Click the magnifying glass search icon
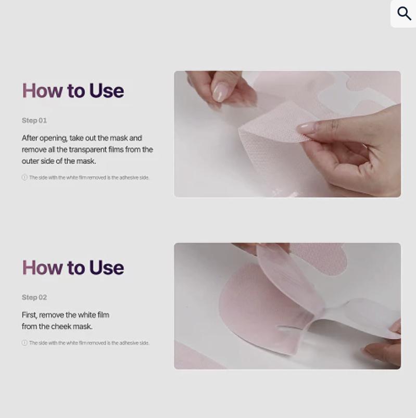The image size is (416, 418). (404, 14)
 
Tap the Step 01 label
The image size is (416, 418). (34, 120)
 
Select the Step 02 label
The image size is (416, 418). (34, 297)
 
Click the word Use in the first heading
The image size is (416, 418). (106, 91)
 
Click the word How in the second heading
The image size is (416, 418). (42, 268)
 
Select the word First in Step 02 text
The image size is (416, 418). (29, 315)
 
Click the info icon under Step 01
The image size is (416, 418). (24, 178)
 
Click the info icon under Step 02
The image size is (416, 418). (24, 343)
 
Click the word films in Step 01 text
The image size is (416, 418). (116, 149)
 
